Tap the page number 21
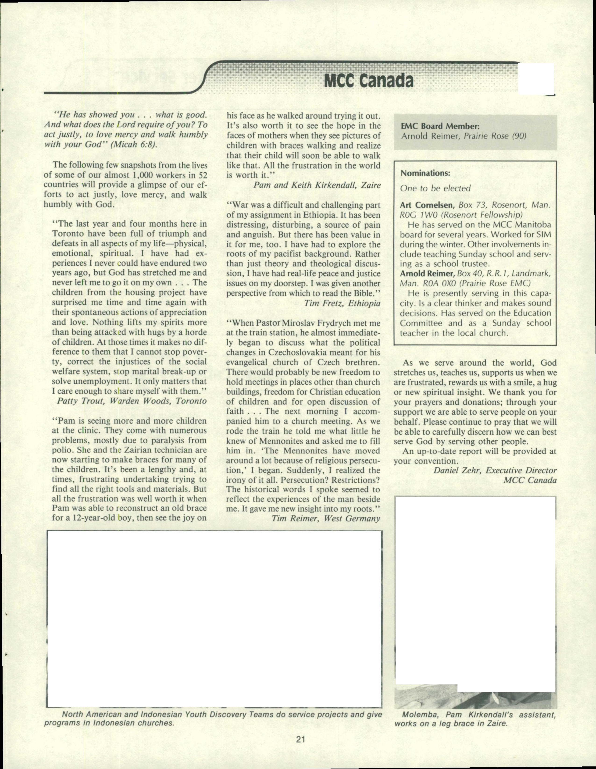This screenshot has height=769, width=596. tap(300, 739)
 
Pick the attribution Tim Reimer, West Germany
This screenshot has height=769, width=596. tap(326, 519)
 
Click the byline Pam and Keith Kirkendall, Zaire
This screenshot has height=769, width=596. tap(317, 185)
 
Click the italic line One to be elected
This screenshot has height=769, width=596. tap(435, 188)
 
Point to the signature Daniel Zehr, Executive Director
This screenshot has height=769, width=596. tap(495, 470)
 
